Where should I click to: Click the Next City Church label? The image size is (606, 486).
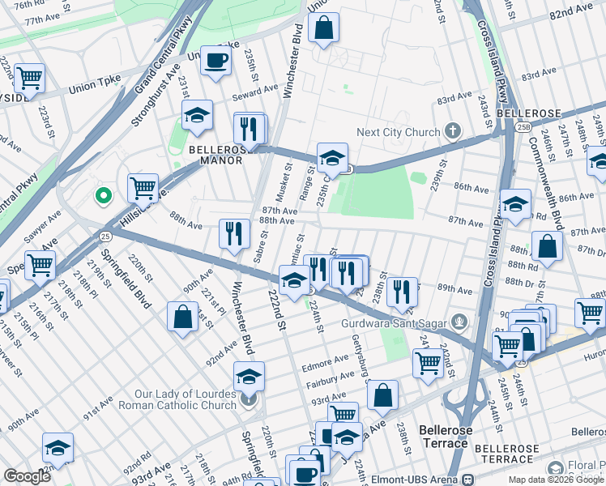[x=400, y=132]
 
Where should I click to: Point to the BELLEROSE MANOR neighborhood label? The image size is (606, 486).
[x=216, y=155]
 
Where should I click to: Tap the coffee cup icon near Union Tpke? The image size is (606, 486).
[x=216, y=61]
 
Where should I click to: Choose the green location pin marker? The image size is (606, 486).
[x=103, y=195]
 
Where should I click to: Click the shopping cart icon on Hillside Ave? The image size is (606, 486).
[x=143, y=188]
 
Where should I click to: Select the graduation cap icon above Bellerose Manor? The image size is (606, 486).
[x=197, y=117]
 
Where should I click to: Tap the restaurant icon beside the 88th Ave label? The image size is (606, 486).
[x=234, y=233]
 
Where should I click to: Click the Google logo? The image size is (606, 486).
[x=27, y=476]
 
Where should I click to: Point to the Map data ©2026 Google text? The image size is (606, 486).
[x=555, y=480]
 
